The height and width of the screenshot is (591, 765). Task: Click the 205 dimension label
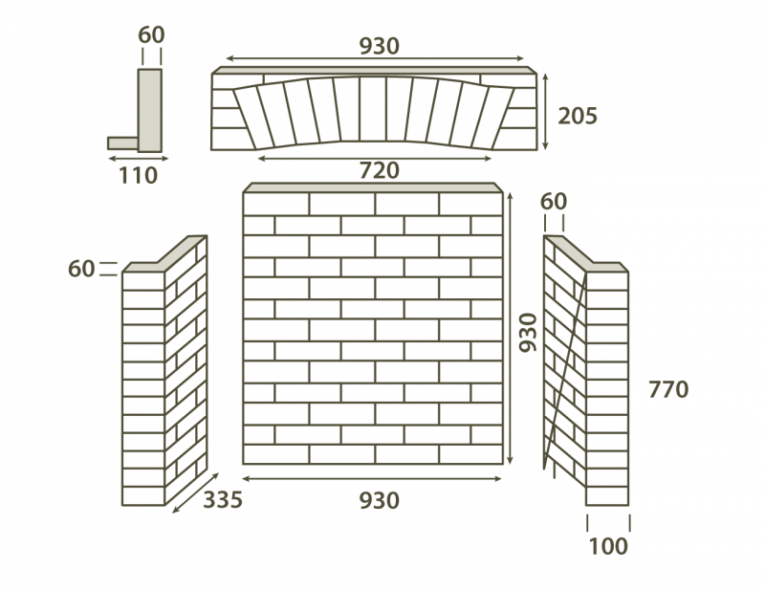pos(578,116)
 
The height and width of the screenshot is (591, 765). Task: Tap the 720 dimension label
pos(379,171)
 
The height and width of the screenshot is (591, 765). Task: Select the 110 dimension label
pos(138,176)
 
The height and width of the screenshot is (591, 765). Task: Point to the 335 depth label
pos(223,500)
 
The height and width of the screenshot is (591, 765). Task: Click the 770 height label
pos(668,389)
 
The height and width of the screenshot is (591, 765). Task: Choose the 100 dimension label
pos(608,547)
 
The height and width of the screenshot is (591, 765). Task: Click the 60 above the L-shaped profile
pos(151,35)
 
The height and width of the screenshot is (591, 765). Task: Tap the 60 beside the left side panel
pos(81,269)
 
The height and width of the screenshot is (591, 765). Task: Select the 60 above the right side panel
pos(554,202)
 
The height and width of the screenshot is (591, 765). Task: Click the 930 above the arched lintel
pos(379,46)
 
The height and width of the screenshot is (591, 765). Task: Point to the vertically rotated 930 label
pos(528,333)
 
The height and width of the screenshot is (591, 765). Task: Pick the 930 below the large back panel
pos(379,501)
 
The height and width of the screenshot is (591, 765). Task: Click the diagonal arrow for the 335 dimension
pos(196,492)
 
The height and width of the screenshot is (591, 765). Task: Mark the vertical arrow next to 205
pos(545,112)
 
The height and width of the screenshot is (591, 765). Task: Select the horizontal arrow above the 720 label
pos(374,158)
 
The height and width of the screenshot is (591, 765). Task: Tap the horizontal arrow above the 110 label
pos(138,158)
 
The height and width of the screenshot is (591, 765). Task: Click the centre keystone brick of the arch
pos(373,109)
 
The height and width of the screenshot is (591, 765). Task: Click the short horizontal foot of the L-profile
pos(123,143)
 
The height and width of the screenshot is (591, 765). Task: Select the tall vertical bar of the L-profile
pos(150,110)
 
